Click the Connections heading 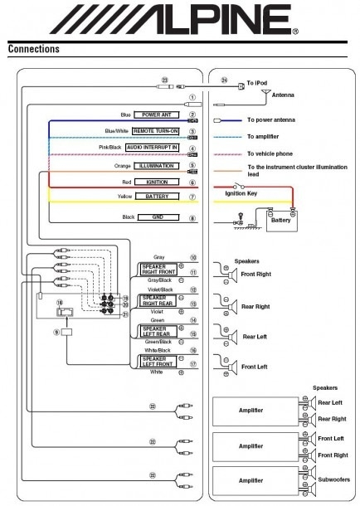tap(33, 49)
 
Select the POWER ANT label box tap(158, 115)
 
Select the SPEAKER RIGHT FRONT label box tap(157, 268)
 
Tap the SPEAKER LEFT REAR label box tap(157, 332)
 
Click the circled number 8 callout tap(192, 219)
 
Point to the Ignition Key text tap(242, 193)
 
